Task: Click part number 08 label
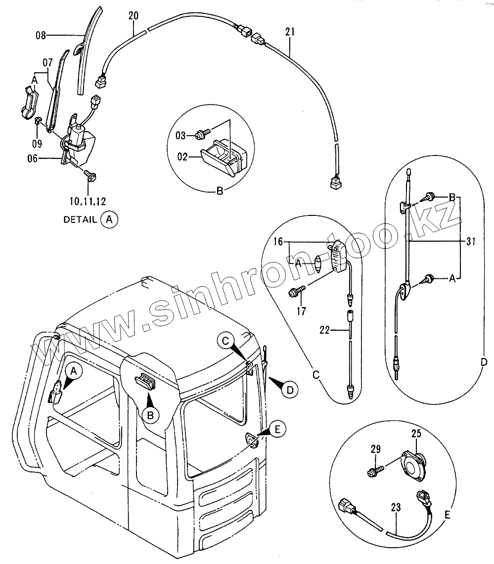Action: coord(41,35)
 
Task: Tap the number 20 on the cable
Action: coord(133,15)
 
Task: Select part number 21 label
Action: coord(290,32)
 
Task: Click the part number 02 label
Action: coord(182,157)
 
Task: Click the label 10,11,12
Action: coord(88,201)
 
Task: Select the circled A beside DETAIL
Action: coord(109,220)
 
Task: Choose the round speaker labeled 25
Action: coord(414,463)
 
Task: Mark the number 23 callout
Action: coord(395,508)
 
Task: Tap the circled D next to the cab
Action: coord(290,390)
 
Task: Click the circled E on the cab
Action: coord(277,429)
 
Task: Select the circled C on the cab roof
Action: coord(225,341)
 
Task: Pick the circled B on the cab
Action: coord(152,414)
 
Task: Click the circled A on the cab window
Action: coord(73,370)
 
